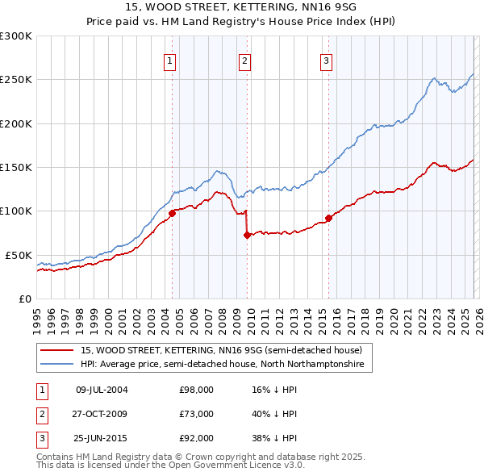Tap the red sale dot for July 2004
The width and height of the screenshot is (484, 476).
(x=172, y=213)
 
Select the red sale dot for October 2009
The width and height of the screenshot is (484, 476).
(x=247, y=235)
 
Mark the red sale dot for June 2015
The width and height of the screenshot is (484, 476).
(x=328, y=218)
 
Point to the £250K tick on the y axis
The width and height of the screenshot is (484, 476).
(x=16, y=80)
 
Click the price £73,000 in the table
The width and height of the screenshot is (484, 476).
(x=196, y=414)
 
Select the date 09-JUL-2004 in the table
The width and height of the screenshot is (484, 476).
(x=102, y=390)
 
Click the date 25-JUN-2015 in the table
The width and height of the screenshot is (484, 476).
(x=102, y=438)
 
